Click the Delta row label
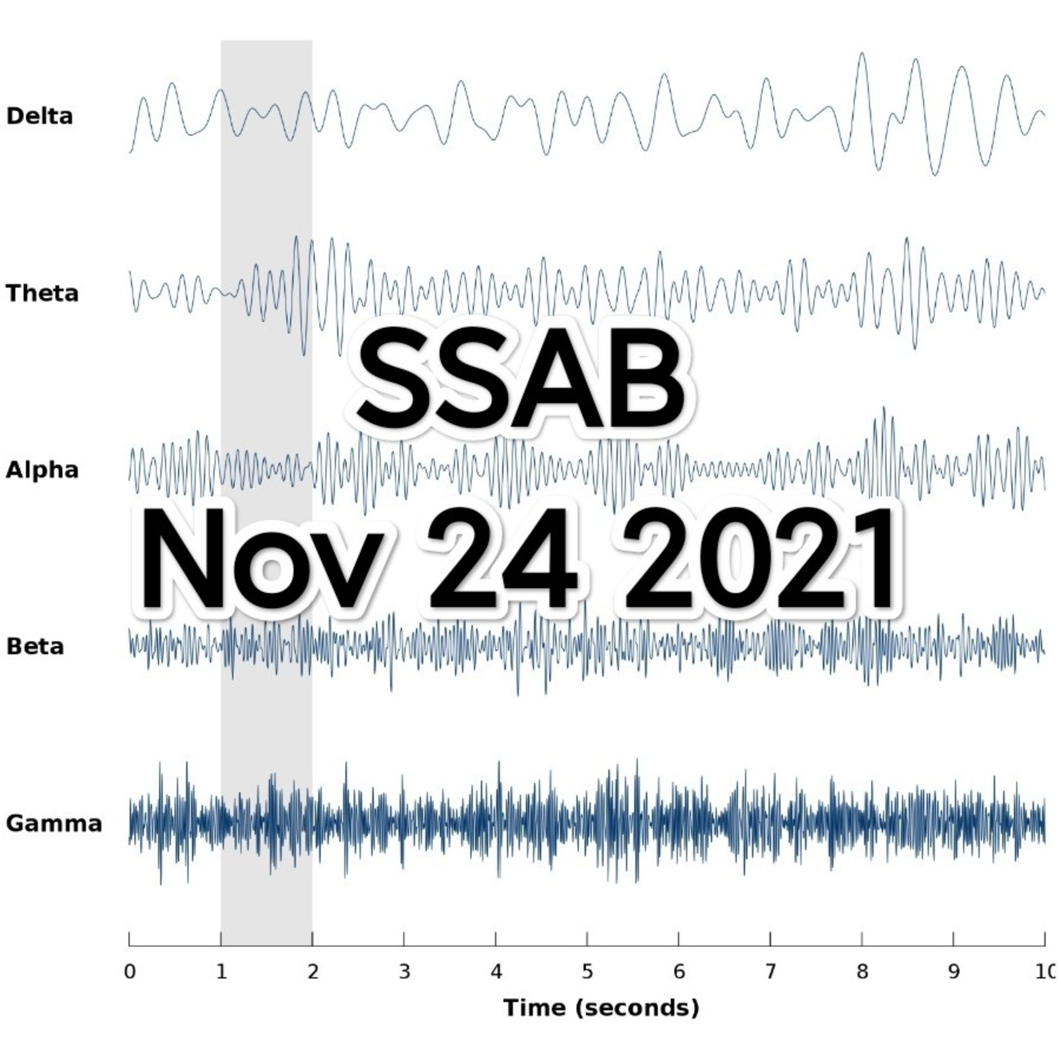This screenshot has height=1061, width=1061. point(40,116)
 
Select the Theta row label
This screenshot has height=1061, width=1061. point(42,293)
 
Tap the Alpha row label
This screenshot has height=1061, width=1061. point(42,470)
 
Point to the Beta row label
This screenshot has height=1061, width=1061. point(35,647)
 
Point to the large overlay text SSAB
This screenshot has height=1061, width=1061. point(522,380)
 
